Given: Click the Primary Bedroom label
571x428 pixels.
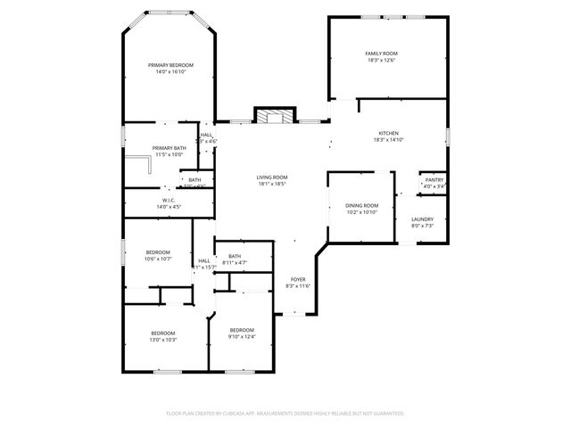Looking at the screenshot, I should point(170,65).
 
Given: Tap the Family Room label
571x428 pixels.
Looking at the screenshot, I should point(381,53).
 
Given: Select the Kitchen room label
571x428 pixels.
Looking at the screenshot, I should point(388,133).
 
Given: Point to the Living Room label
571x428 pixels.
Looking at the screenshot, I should point(273,177).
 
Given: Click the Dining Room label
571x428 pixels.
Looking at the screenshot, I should point(361,205).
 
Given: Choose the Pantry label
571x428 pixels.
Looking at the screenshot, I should point(434,180).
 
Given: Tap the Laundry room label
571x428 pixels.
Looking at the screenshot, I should point(422,219).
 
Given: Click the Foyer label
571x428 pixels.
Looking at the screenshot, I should point(298,279).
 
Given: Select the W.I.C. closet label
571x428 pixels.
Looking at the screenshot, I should point(168,201).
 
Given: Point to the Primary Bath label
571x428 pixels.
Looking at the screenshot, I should point(169,148).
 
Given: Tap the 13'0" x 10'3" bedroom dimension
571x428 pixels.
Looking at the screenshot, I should point(163,340).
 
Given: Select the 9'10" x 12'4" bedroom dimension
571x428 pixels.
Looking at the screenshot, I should point(241,336).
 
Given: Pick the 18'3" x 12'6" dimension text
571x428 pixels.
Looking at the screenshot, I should point(381,61).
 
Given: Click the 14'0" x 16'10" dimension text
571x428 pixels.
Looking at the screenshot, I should point(170,72).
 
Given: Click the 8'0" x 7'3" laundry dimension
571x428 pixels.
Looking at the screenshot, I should point(422,226).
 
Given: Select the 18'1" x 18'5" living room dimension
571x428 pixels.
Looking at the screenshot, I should point(273,184).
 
